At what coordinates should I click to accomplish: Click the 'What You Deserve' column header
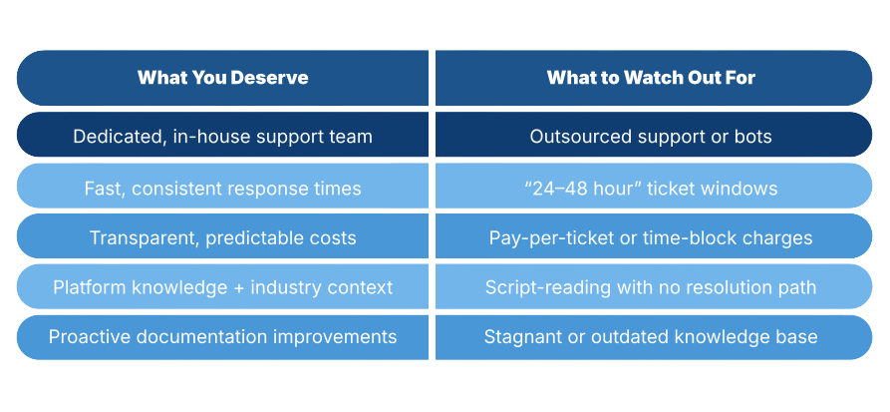(x=222, y=78)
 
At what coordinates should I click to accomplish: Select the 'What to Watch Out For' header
(x=651, y=78)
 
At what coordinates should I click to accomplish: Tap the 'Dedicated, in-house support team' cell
(x=222, y=137)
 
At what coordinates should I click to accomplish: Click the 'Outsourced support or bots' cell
(x=651, y=137)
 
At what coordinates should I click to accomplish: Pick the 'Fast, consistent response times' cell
(x=222, y=188)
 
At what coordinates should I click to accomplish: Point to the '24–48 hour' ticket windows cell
(x=651, y=188)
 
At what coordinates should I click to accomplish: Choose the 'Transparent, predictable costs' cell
(x=222, y=238)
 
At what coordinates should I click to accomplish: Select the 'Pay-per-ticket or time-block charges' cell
(x=651, y=238)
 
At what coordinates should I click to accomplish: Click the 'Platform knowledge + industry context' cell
(x=222, y=287)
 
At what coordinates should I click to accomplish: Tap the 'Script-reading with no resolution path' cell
(x=651, y=287)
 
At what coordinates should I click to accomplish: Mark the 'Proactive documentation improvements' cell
(x=222, y=337)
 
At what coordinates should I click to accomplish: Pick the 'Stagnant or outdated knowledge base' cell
(x=651, y=337)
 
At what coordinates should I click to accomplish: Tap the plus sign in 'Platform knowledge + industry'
(x=236, y=287)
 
